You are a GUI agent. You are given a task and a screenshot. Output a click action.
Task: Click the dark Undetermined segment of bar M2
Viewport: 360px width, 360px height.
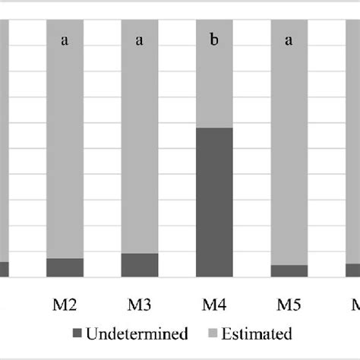pyautogui.click(x=65, y=268)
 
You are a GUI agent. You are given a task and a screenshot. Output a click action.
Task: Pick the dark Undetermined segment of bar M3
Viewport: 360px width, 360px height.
pyautogui.click(x=140, y=265)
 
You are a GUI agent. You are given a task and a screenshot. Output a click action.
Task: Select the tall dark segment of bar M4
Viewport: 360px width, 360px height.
pyautogui.click(x=215, y=202)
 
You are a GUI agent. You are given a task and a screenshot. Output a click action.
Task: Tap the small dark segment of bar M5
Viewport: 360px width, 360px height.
pyautogui.click(x=289, y=271)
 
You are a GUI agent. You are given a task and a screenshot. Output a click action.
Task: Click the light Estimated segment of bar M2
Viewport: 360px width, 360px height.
pyautogui.click(x=65, y=152)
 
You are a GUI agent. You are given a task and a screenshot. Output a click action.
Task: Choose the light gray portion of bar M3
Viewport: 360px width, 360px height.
pyautogui.click(x=140, y=152)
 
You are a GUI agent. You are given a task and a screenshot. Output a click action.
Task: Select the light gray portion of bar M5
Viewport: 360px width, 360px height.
pyautogui.click(x=289, y=152)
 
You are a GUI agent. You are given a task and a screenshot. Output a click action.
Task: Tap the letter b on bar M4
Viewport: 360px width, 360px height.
pyautogui.click(x=215, y=40)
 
